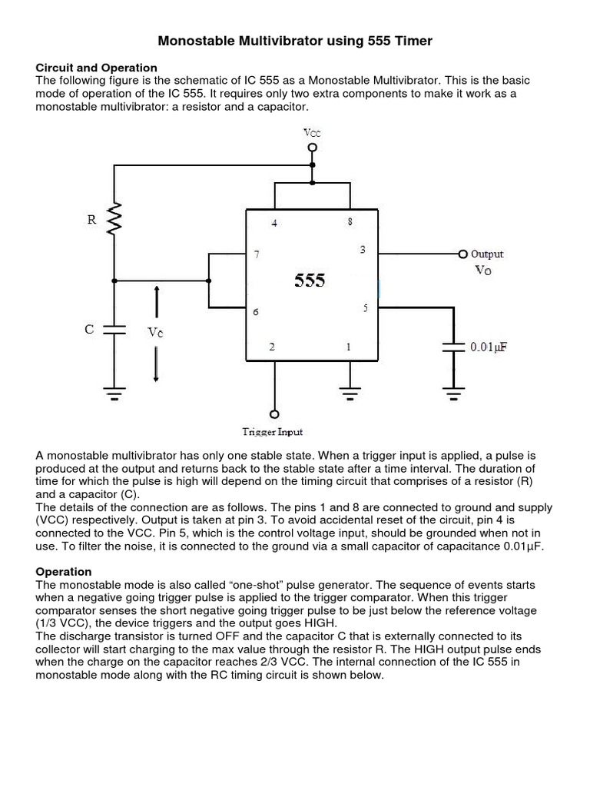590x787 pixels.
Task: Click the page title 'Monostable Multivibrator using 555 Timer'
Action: [x=295, y=41]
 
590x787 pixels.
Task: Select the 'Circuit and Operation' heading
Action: [x=97, y=68]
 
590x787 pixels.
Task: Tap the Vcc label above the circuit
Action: [x=311, y=132]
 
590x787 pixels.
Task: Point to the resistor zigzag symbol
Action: [x=114, y=219]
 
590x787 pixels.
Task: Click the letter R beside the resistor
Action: [x=91, y=219]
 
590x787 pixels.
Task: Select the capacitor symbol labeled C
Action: [x=114, y=330]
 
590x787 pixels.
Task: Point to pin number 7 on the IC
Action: [x=257, y=254]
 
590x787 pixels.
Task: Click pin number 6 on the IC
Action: [x=256, y=312]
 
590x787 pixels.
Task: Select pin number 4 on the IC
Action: [x=273, y=223]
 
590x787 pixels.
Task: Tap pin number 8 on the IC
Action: [x=350, y=222]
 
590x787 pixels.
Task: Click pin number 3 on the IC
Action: [x=363, y=250]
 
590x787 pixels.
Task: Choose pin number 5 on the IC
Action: [x=365, y=308]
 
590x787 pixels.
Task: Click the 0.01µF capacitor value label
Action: [x=489, y=347]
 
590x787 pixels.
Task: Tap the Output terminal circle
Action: [x=462, y=254]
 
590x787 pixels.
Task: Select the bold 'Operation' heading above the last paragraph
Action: [x=64, y=572]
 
